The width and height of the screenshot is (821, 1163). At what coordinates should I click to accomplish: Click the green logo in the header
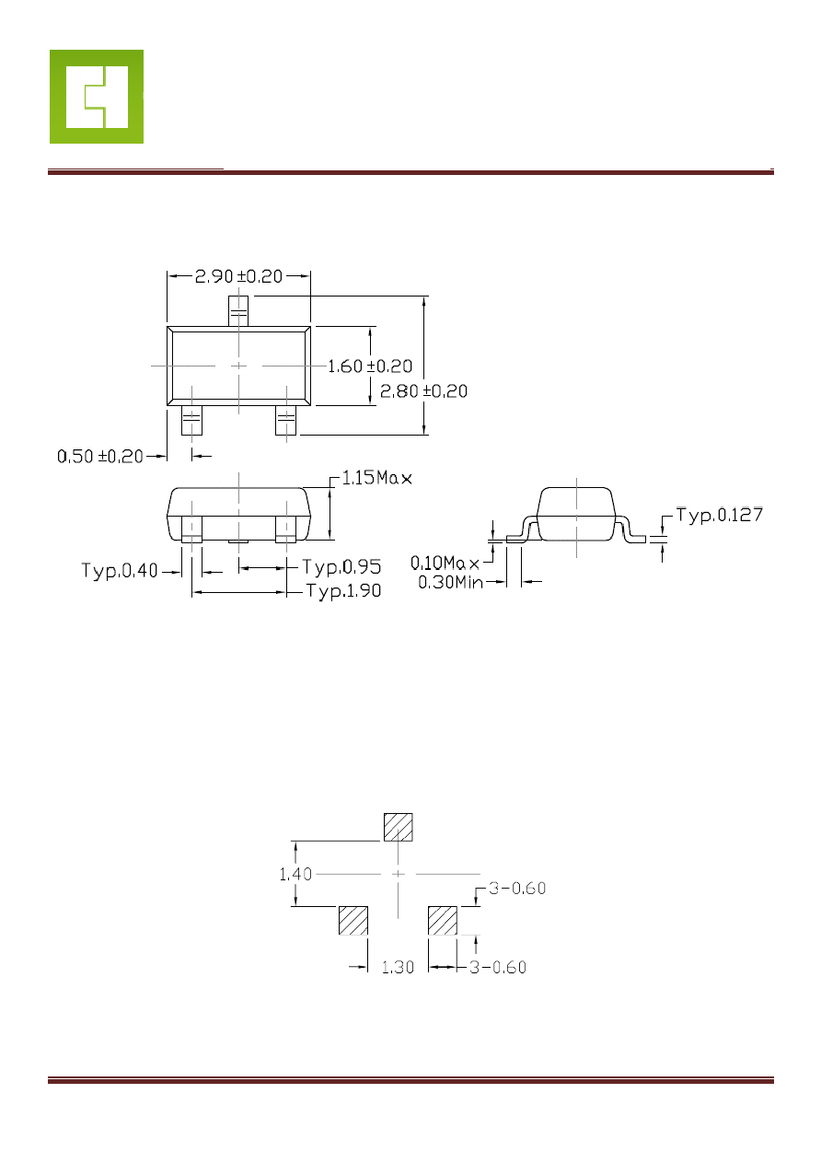coord(97,97)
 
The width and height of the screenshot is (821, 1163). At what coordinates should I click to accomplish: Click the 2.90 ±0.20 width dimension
coord(238,276)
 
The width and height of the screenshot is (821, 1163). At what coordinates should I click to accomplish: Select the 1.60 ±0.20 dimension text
coord(370,366)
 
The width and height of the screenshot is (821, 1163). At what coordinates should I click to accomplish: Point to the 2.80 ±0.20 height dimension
coord(423,391)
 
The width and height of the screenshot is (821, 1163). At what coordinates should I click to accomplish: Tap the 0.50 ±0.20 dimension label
coord(100,457)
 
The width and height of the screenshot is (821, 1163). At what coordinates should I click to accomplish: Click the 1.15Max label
coord(376,478)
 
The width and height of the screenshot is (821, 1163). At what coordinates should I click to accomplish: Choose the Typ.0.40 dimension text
coord(120,571)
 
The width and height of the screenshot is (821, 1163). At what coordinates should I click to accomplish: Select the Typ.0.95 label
coord(341,566)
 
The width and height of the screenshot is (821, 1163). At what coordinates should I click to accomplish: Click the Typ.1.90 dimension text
coord(343,591)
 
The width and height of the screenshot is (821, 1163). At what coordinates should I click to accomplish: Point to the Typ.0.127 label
coord(719,515)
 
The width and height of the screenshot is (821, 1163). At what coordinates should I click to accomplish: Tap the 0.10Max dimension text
coord(445,563)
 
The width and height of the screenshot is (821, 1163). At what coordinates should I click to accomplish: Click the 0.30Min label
coord(450,582)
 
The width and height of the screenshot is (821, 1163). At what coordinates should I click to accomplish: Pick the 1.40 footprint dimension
coord(295,875)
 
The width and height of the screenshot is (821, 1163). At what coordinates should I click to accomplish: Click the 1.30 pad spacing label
coord(398,967)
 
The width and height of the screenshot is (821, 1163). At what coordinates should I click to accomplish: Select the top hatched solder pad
coord(398,827)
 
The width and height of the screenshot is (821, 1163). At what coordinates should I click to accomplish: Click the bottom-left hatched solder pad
coord(353,921)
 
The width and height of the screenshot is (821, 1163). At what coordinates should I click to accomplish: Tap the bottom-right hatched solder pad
coord(443,921)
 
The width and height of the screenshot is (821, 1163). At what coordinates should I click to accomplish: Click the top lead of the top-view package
coord(238,311)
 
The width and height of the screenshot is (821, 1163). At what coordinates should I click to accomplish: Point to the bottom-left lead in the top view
coord(191,420)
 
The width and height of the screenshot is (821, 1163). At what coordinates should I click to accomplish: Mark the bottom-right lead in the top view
coord(286,420)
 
